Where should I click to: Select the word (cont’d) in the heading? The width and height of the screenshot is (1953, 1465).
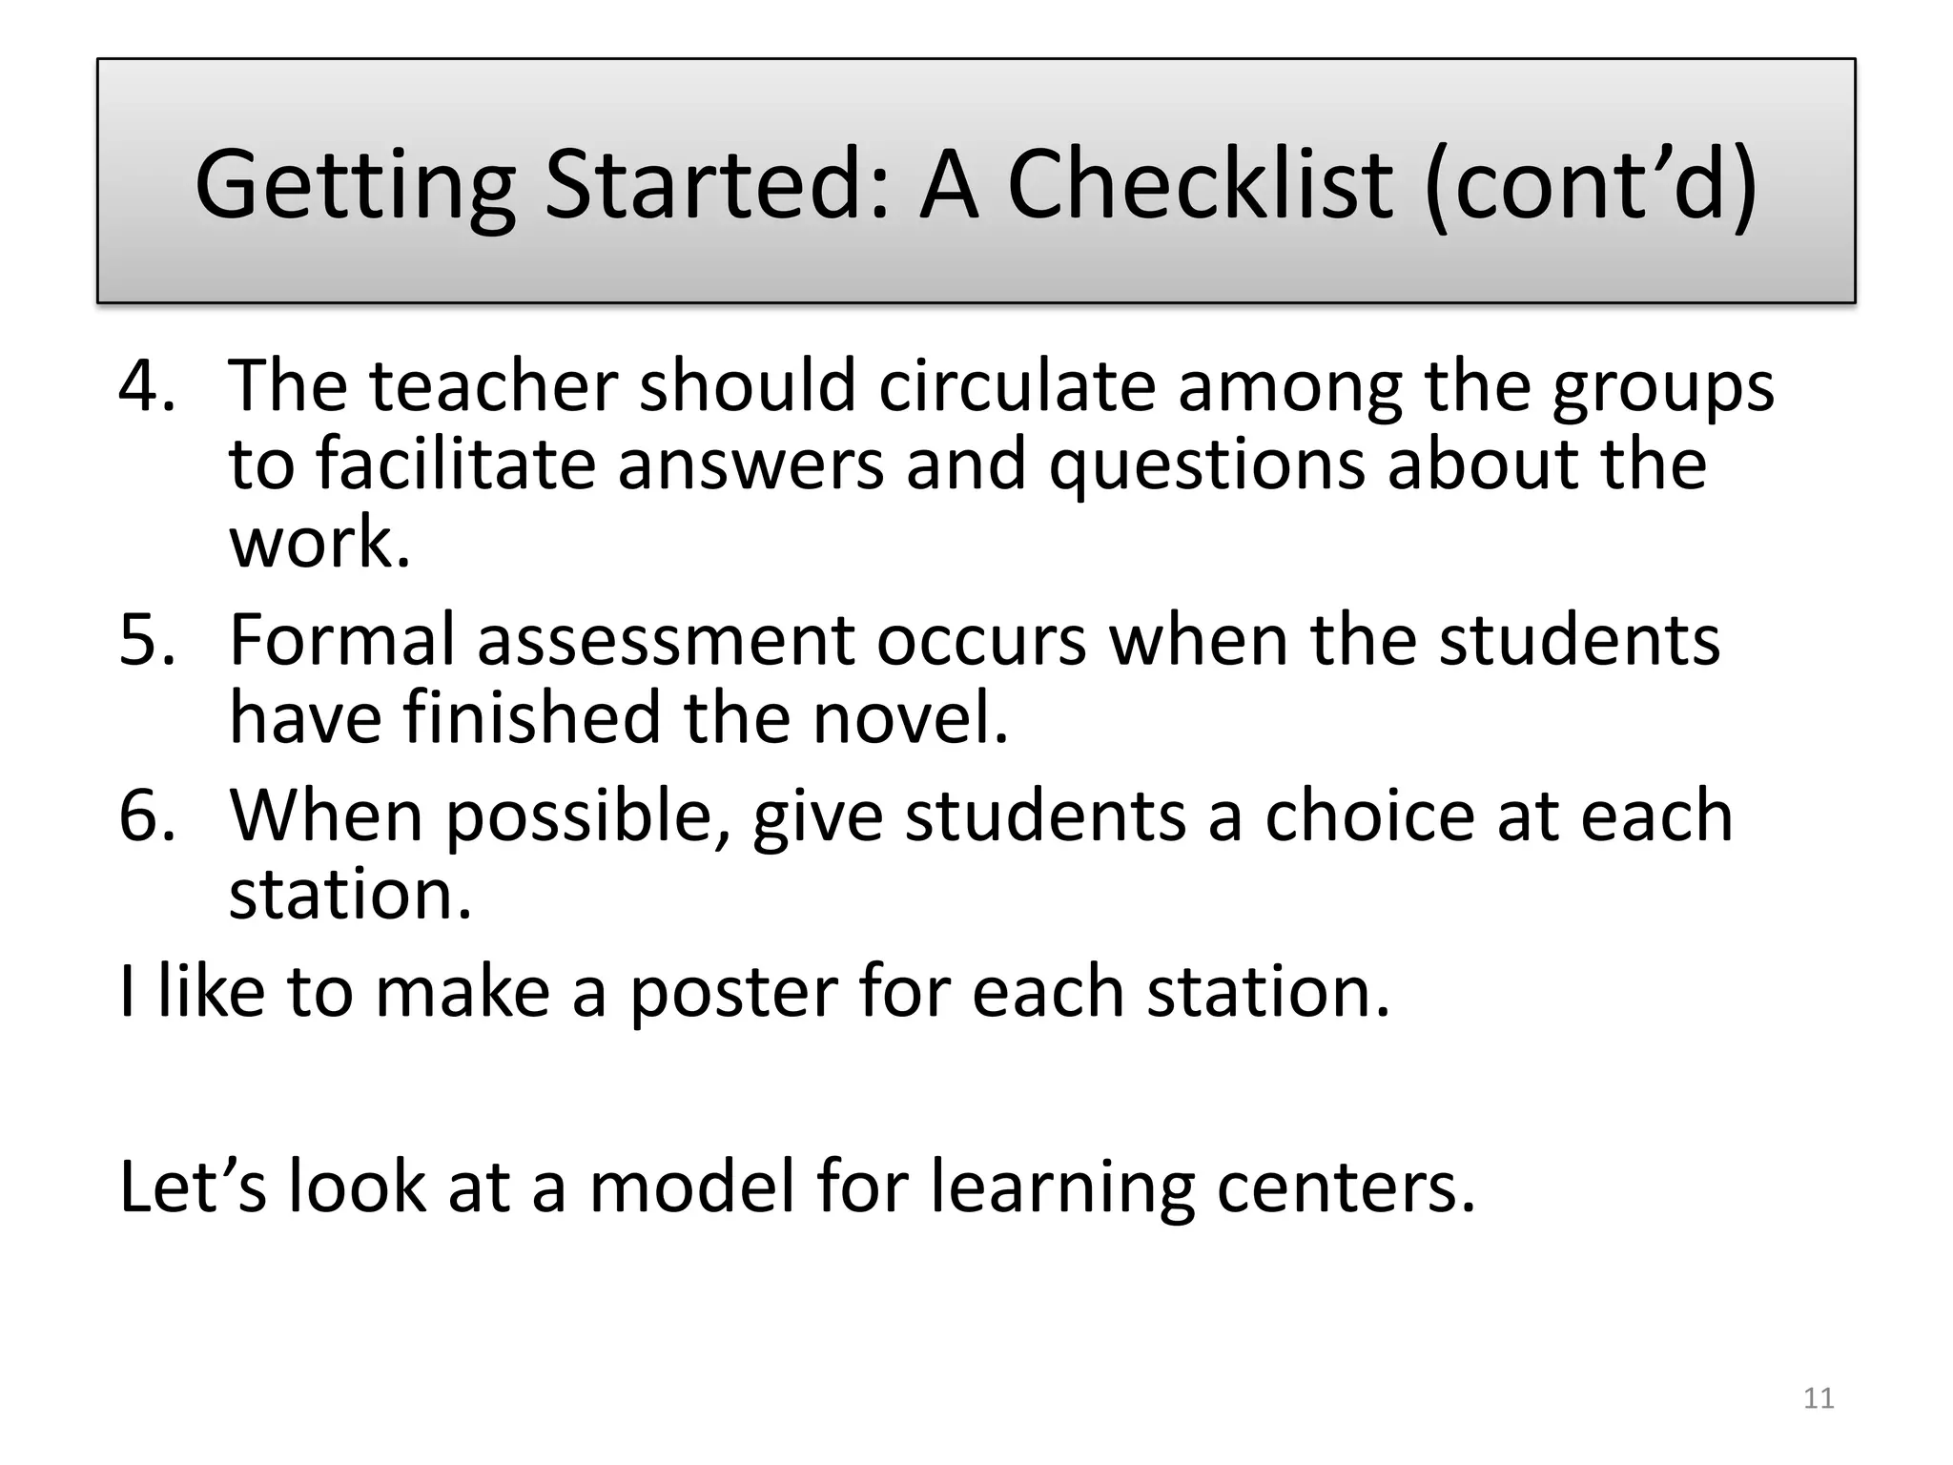pos(1591,185)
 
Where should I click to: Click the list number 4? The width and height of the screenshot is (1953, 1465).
pos(147,385)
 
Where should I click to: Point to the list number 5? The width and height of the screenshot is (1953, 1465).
pos(147,640)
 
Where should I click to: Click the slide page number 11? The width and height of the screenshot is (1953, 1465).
pos(1819,1398)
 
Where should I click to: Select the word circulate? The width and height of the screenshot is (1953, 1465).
pos(1016,385)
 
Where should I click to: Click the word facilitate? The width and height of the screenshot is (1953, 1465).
pos(455,464)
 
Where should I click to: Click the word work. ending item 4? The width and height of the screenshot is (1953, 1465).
pos(319,543)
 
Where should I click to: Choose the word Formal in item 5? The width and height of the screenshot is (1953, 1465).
pos(342,640)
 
